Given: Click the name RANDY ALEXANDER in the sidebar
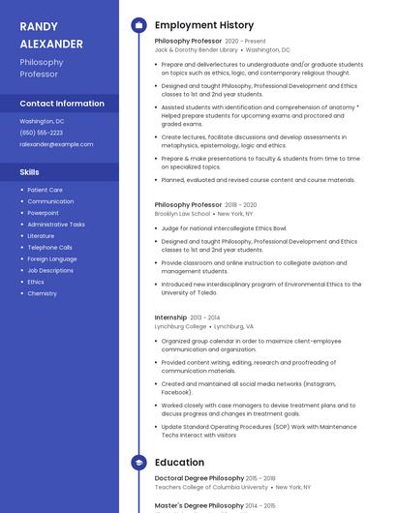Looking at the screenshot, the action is pos(51,35).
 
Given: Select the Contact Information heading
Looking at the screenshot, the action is pos(62,104).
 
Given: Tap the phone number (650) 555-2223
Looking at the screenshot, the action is pos(42,133).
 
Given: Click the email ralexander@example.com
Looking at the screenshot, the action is pos(56,144).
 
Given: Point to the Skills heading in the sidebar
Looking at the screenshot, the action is pos(30,171).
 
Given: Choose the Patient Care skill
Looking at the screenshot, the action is pos(45,190).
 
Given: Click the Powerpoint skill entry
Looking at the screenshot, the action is pos(43,213).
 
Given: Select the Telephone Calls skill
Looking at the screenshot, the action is pos(49,247).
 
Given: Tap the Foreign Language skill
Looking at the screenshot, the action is pos(51,258).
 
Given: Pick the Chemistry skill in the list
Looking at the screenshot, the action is pos(42,293).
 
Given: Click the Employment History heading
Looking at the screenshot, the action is pos(203,25).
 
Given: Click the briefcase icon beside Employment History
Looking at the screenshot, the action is pos(138,25).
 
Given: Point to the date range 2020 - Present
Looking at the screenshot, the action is pos(245,42).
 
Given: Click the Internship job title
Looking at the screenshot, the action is pos(170,317).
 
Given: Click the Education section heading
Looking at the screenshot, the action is pos(179,463).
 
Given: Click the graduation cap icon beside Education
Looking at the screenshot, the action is pos(138,463).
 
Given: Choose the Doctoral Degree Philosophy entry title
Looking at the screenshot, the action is pos(199,478).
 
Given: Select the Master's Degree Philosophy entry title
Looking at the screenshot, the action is pos(198,505).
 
